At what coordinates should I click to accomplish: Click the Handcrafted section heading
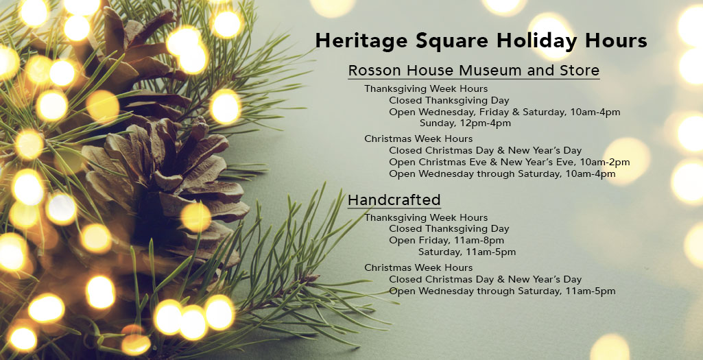[x=394, y=200]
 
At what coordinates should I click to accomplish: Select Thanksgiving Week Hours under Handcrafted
[x=426, y=218]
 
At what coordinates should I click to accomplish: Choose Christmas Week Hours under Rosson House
[x=418, y=139]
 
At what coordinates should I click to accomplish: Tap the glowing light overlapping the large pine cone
[x=195, y=217]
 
